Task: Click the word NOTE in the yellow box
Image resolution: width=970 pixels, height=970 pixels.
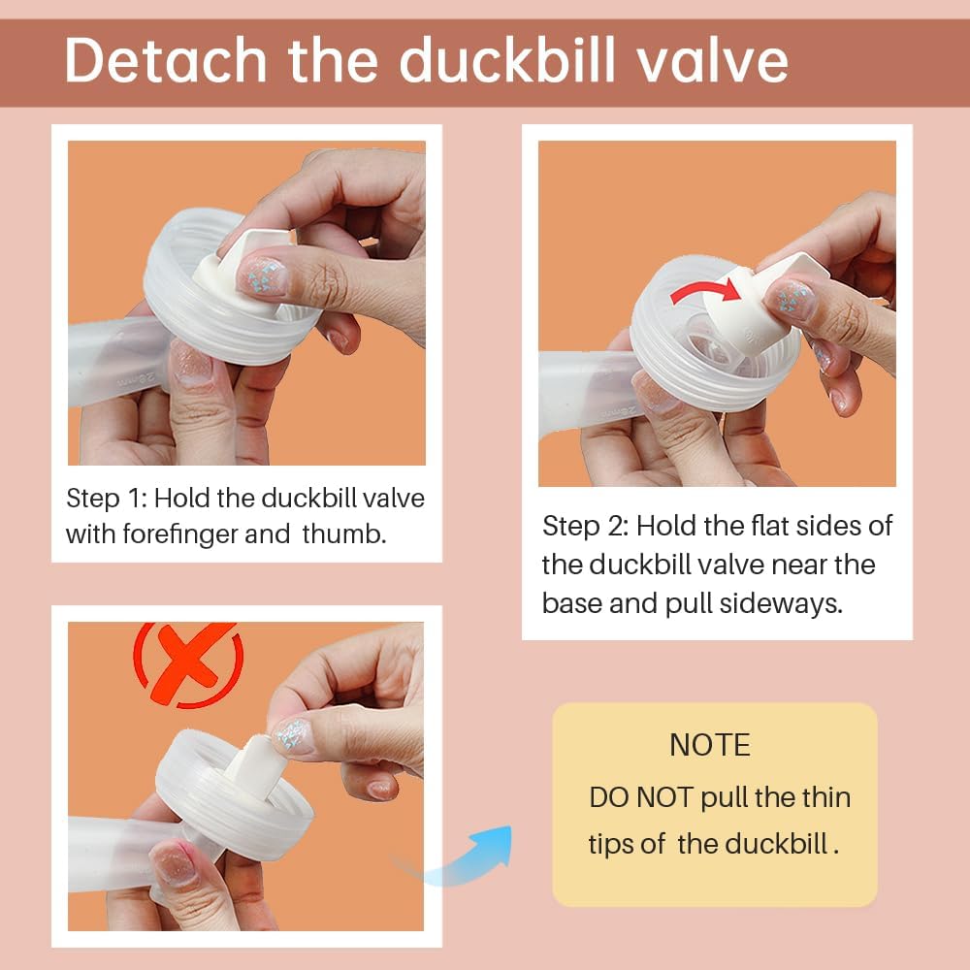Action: (710, 745)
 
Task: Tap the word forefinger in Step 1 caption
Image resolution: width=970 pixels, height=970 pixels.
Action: (203, 533)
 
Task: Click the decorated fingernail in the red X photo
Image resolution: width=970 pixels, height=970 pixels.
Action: (294, 735)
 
